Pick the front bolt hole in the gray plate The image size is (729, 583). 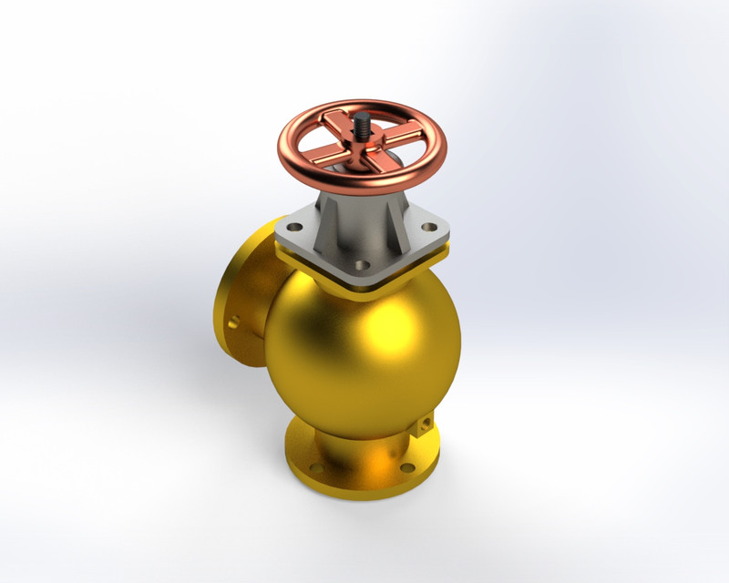pos(362,265)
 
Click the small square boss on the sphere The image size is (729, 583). pos(426,425)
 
